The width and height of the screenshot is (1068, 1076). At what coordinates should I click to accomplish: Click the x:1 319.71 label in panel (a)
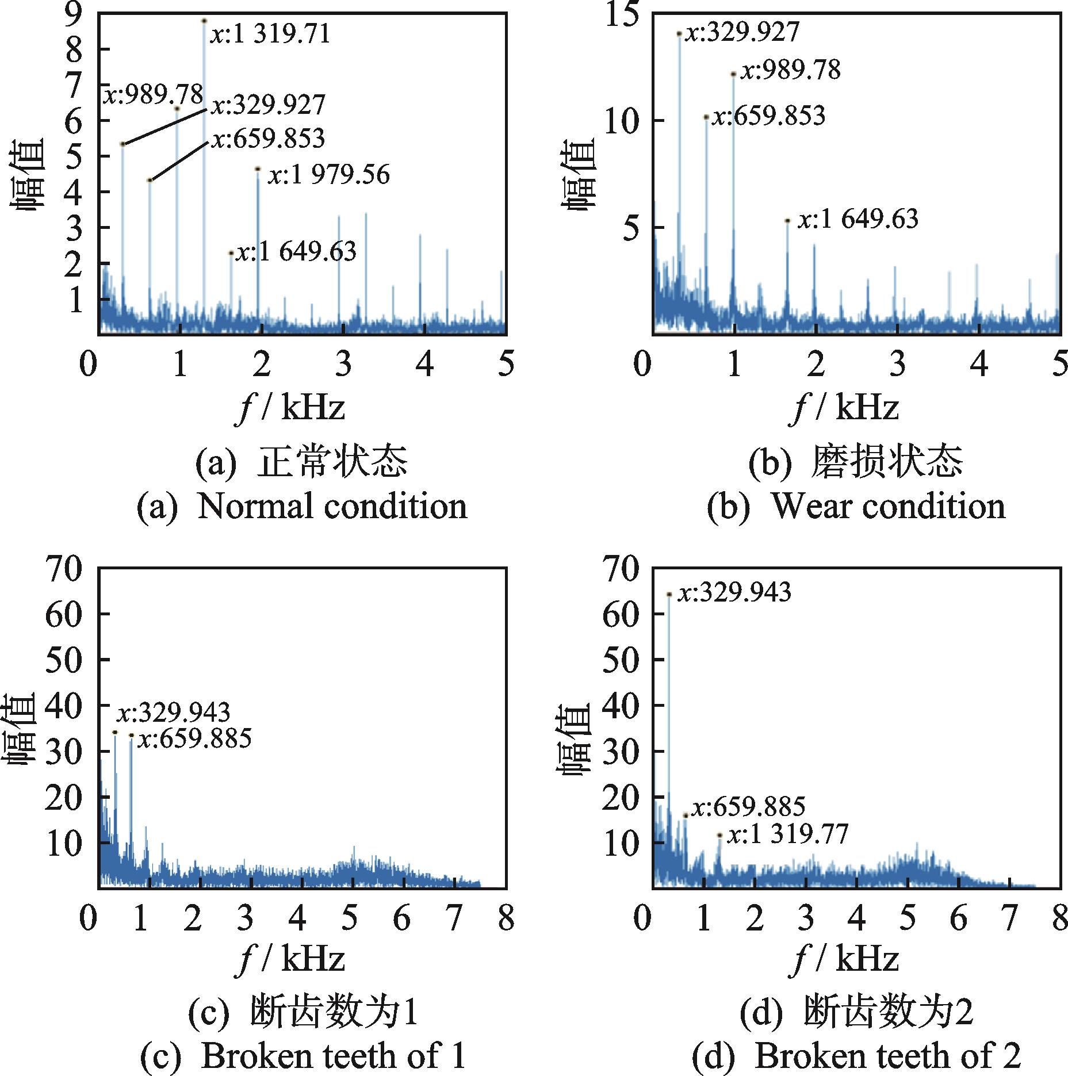(270, 33)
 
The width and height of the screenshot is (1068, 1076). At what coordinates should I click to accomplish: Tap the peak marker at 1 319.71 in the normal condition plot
(204, 21)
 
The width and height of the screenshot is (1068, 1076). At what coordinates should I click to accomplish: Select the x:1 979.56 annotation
(330, 175)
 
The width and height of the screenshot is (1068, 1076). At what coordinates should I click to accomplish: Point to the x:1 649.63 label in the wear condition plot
(858, 220)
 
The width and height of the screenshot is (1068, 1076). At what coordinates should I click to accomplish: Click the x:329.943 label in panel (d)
(734, 592)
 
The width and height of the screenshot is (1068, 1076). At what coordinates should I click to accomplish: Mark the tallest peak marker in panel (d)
(669, 594)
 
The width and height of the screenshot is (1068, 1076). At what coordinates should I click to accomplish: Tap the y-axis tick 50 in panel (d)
(621, 660)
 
